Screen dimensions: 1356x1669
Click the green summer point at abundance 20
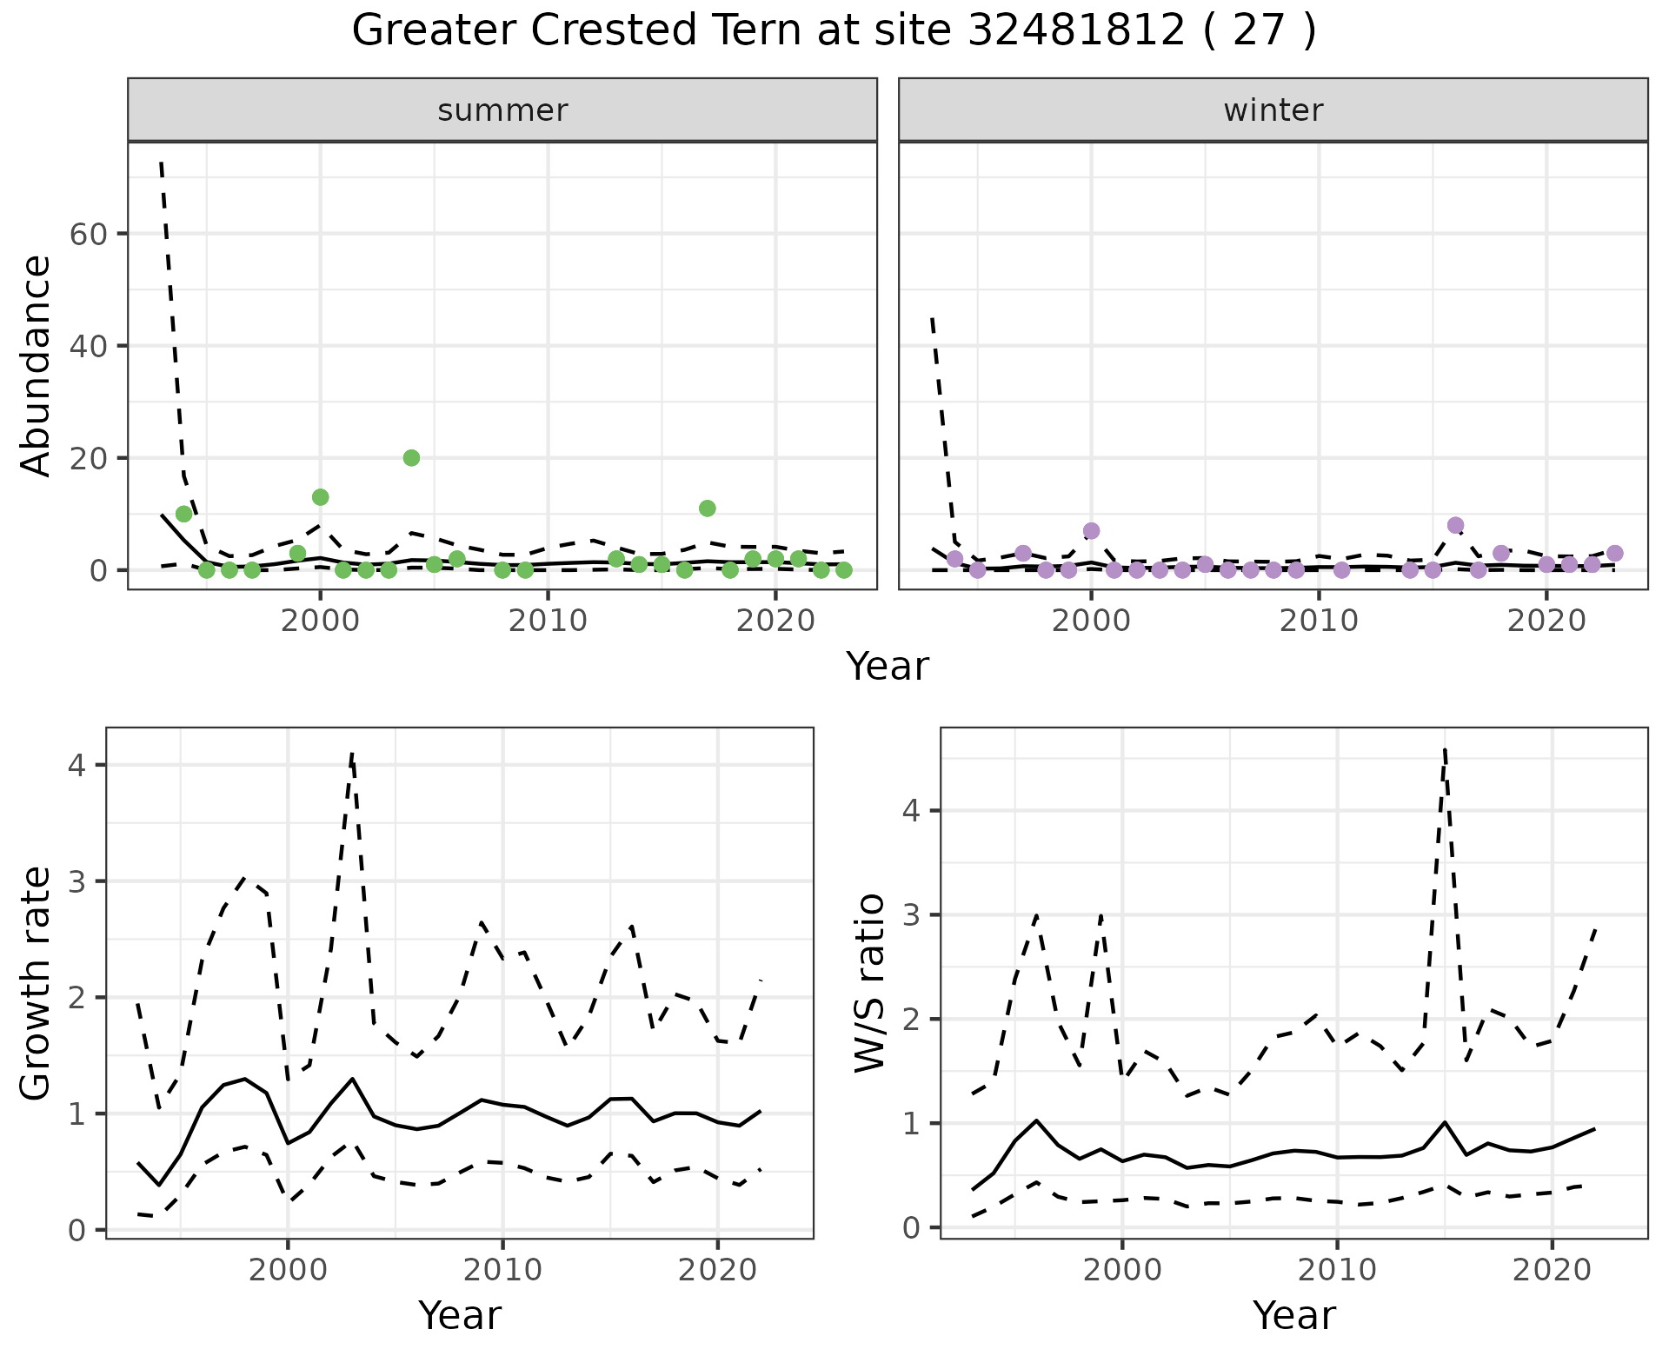click(x=411, y=458)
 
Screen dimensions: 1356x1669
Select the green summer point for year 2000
click(x=320, y=497)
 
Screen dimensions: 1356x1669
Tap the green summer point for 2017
click(x=707, y=508)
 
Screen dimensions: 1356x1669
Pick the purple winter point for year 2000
click(x=1091, y=531)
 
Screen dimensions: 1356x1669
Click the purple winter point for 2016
click(x=1455, y=525)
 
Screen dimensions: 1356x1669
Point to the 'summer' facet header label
click(x=502, y=110)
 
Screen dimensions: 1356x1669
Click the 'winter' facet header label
click(x=1273, y=110)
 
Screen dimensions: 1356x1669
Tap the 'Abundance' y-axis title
click(x=37, y=365)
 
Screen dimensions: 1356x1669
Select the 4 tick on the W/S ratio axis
click(x=911, y=811)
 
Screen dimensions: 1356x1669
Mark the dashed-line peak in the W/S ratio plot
click(x=1444, y=749)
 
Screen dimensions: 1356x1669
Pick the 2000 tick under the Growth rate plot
click(x=288, y=1270)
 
